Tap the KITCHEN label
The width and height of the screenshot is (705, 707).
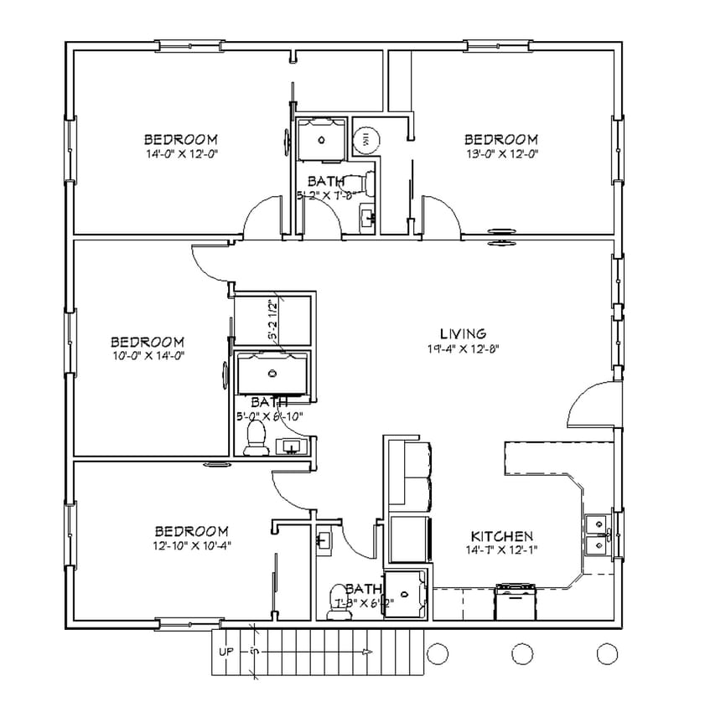tap(501, 536)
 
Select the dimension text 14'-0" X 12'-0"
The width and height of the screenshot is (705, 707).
tap(181, 154)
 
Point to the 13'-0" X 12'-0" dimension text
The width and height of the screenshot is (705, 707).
tap(500, 154)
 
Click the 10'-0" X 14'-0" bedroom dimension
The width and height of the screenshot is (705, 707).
tap(148, 355)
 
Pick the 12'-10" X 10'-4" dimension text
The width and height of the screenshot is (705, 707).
tap(192, 545)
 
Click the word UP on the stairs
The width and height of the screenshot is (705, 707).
tap(226, 651)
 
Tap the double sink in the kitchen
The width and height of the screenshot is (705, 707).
tap(599, 534)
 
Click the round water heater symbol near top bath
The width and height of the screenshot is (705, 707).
tap(365, 140)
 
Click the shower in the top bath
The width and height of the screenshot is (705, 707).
tap(320, 138)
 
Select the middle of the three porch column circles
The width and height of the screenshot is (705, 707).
tap(521, 652)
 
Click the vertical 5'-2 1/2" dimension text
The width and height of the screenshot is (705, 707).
tap(272, 319)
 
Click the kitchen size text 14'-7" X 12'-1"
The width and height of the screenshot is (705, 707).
tap(501, 550)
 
